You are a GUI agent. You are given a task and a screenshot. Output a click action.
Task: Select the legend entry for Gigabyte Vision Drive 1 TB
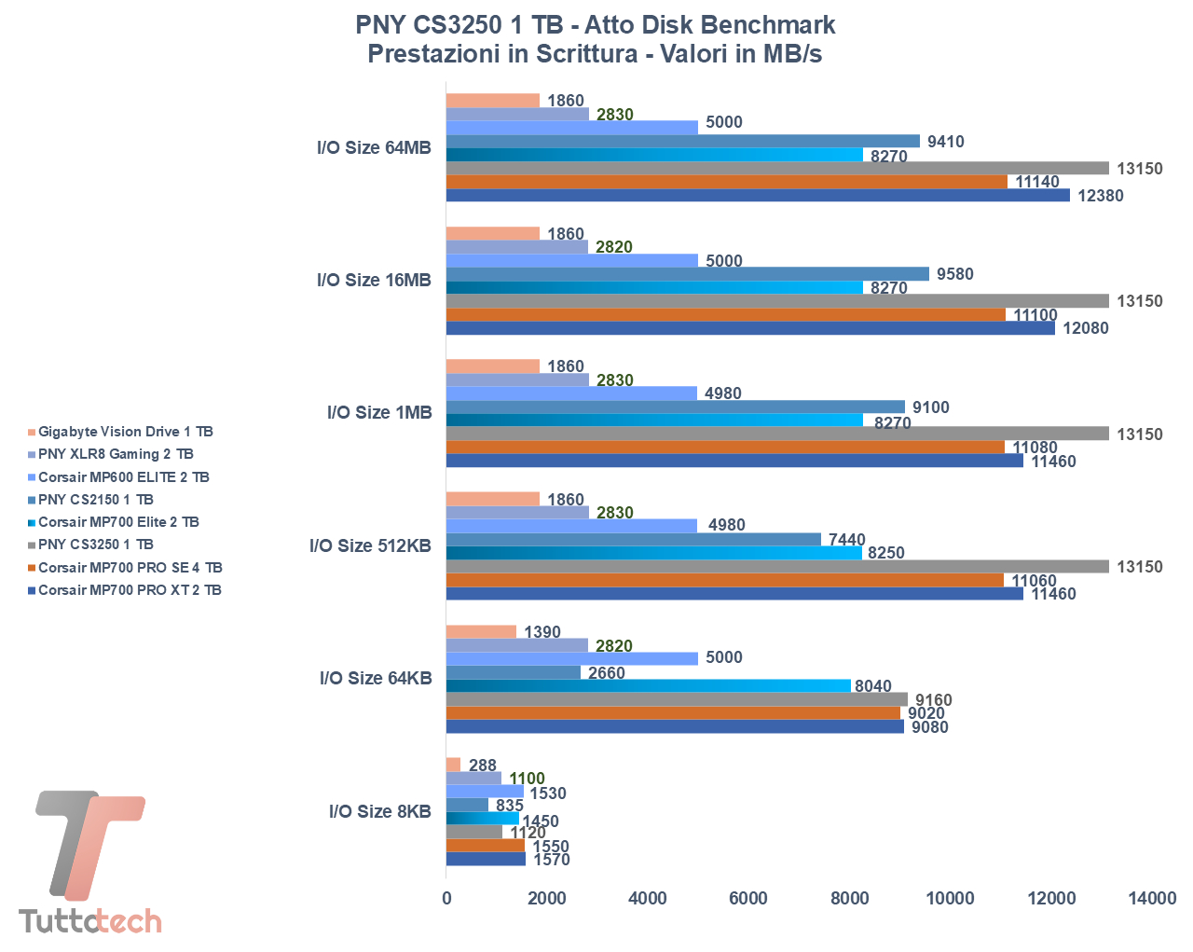pyautogui.click(x=125, y=432)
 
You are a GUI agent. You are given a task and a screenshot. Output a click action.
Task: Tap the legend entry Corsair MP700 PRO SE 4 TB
pyautogui.click(x=130, y=568)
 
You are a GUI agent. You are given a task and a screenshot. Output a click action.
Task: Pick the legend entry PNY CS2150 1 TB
pyautogui.click(x=95, y=500)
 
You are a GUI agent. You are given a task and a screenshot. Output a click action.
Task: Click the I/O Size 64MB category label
pyautogui.click(x=374, y=147)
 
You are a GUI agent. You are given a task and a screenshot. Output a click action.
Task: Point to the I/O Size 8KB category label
pyautogui.click(x=379, y=811)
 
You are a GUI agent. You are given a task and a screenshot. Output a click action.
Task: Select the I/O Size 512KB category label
pyautogui.click(x=370, y=545)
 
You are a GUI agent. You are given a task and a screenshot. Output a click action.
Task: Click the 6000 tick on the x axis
pyautogui.click(x=748, y=898)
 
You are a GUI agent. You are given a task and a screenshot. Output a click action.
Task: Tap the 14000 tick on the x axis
pyautogui.click(x=1152, y=898)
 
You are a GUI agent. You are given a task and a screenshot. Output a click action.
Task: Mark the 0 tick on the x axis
pyautogui.click(x=446, y=898)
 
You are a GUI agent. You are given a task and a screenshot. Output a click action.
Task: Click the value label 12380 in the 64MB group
pyautogui.click(x=1100, y=196)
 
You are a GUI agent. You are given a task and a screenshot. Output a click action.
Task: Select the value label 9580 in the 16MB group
pyautogui.click(x=954, y=274)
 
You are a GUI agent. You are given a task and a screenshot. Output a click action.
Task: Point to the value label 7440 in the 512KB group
pyautogui.click(x=846, y=540)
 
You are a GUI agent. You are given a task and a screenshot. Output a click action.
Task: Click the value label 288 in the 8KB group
pyautogui.click(x=483, y=766)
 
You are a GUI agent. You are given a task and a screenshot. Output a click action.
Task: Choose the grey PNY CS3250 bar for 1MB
pyautogui.click(x=777, y=434)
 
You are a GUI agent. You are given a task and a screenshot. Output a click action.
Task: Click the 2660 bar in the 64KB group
pyautogui.click(x=514, y=672)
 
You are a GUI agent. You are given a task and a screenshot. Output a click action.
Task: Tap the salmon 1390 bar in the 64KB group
pyautogui.click(x=481, y=632)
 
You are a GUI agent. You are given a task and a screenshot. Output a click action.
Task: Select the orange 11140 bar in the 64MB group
pyautogui.click(x=727, y=182)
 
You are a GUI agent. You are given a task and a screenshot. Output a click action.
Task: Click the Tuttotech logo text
pyautogui.click(x=90, y=921)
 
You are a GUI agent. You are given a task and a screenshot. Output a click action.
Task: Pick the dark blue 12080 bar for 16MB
pyautogui.click(x=750, y=328)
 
